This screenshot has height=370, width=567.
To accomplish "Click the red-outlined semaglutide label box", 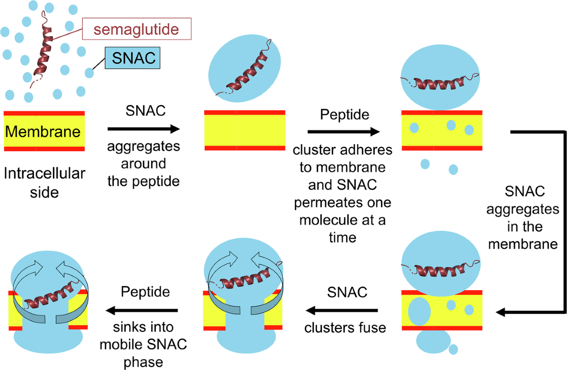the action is click(137, 29).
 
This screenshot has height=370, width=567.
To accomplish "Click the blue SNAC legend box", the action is click(133, 58).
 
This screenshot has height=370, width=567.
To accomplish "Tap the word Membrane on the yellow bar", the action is click(43, 131).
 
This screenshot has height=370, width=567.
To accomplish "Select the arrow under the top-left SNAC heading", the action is click(144, 129).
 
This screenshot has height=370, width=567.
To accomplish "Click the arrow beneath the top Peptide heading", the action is click(344, 131).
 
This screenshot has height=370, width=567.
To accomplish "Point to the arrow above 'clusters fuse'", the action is click(342, 310).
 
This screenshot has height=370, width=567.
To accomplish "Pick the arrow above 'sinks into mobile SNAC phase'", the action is click(141, 310).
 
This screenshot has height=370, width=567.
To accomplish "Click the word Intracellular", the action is click(44, 173).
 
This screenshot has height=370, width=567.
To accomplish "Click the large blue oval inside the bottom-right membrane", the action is click(419, 311).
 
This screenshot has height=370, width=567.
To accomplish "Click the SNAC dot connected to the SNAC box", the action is click(89, 73).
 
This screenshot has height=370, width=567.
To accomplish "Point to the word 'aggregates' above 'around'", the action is click(144, 147).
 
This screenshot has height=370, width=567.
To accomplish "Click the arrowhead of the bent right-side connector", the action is click(500, 312).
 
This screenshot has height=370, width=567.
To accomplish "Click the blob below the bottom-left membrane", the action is click(48, 339).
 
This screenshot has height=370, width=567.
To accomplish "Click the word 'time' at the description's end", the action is click(343, 237).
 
